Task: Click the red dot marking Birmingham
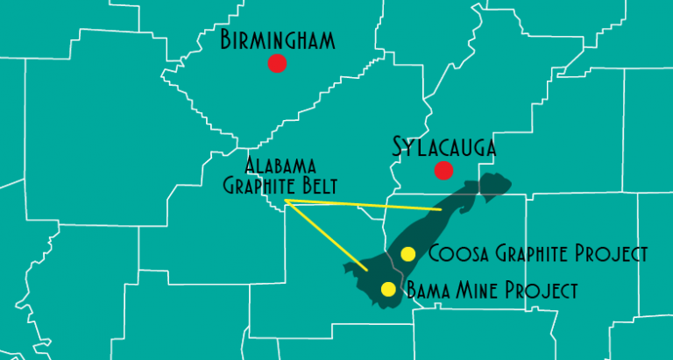click(277, 63)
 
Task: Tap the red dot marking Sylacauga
click(443, 170)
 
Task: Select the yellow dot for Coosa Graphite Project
click(407, 254)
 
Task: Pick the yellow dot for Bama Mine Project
click(388, 289)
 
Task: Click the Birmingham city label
click(278, 40)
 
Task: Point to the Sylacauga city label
click(443, 147)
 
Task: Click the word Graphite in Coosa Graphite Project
click(528, 254)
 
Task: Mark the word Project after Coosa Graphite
click(614, 254)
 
